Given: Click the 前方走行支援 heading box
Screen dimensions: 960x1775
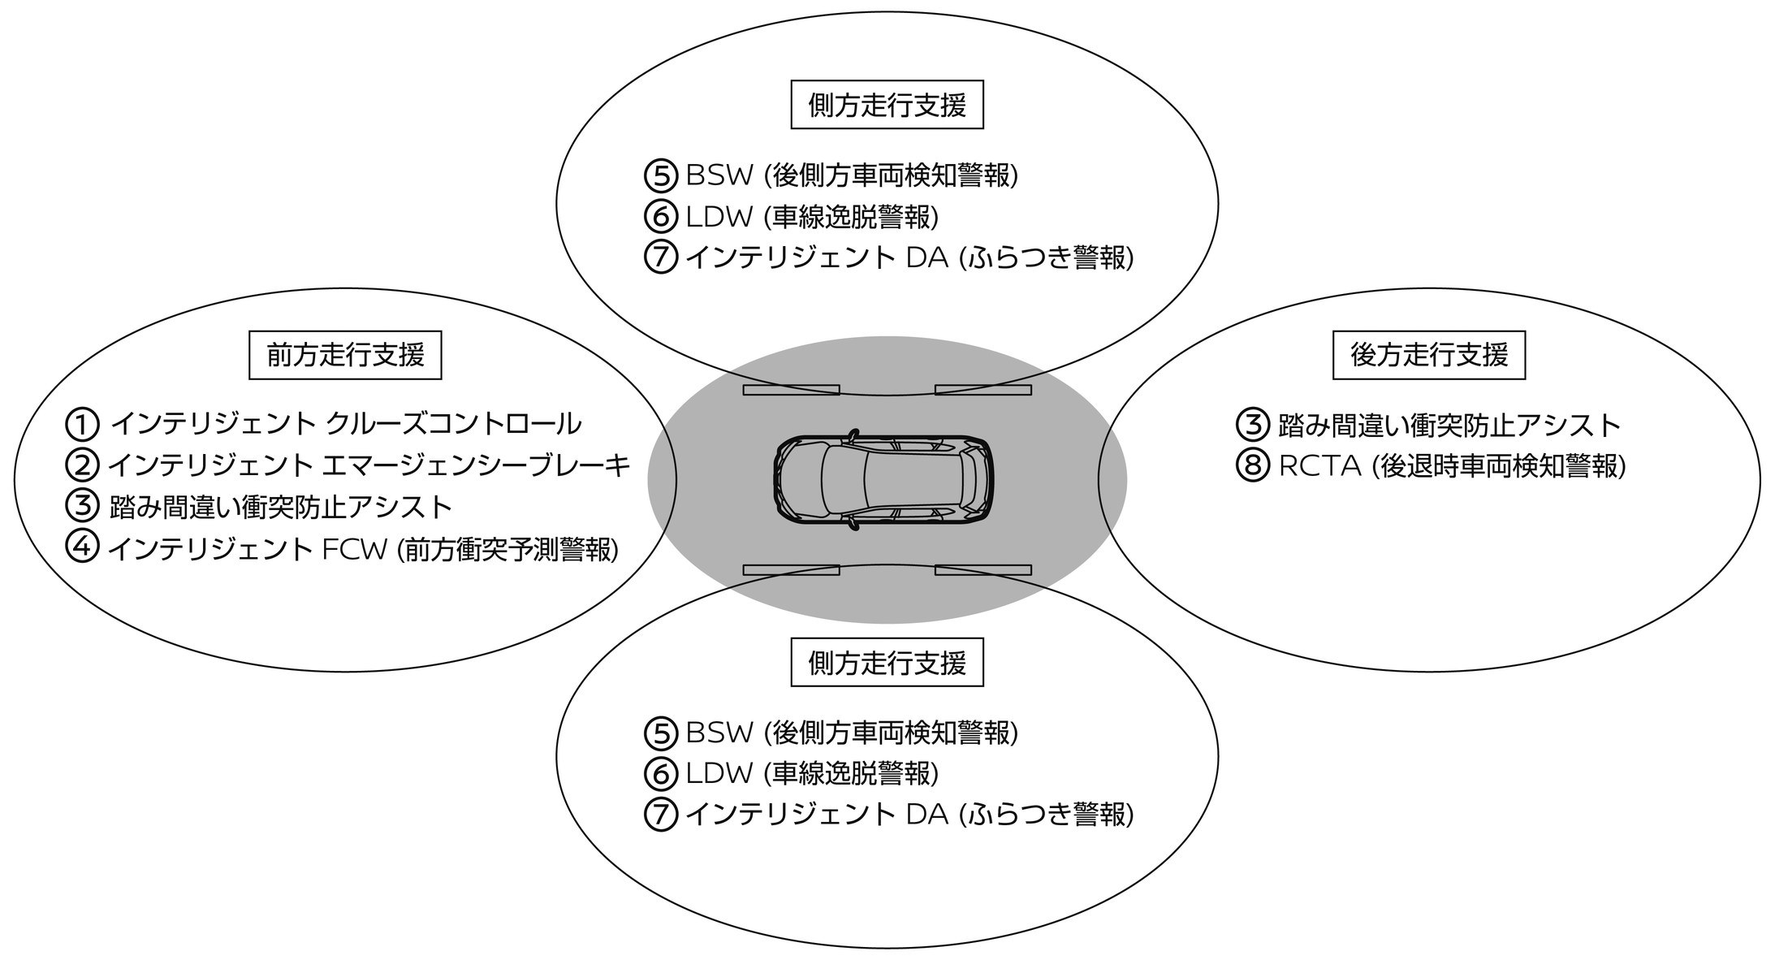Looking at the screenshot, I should tap(345, 355).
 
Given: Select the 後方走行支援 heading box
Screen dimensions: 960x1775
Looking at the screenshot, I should tap(1429, 355).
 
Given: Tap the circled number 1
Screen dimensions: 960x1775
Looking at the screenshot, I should tap(82, 424).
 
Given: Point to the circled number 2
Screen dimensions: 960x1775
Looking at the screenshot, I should tap(82, 465).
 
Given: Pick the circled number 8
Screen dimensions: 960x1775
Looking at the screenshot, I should tap(1252, 466).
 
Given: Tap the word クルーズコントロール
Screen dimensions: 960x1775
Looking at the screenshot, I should tap(453, 424).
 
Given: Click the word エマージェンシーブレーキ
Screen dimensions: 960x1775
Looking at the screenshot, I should tap(476, 465).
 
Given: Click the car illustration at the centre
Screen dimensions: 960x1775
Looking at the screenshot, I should tap(883, 480).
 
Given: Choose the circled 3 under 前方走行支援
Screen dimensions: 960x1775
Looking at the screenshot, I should tap(82, 507).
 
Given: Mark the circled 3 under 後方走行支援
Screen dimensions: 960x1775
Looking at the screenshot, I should tap(1252, 424).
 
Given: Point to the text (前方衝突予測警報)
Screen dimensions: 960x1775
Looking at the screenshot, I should tap(507, 550).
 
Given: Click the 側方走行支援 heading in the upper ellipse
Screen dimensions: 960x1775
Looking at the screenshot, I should tap(887, 105).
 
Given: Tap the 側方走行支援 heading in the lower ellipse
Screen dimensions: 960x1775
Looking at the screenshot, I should tap(887, 663).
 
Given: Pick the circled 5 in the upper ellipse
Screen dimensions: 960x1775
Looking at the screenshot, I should tap(661, 175).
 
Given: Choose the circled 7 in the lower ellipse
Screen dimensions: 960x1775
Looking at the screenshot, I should tap(661, 815).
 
